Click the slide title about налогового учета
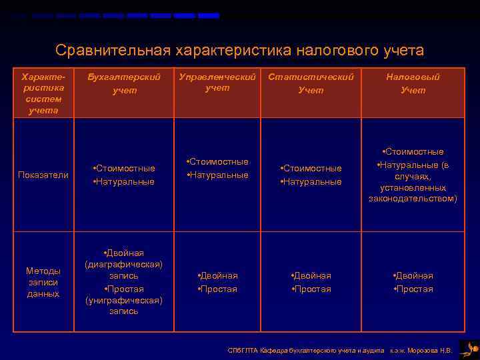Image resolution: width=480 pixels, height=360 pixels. tap(239, 50)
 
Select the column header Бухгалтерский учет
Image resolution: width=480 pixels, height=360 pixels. tap(125, 83)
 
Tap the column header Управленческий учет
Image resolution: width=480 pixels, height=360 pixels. tap(217, 82)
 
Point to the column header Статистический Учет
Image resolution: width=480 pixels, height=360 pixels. tap(311, 83)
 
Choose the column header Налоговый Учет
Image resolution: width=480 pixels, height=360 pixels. tap(413, 83)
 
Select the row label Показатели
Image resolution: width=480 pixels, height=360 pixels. tap(43, 175)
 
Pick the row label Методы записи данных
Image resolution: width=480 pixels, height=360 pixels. tap(43, 282)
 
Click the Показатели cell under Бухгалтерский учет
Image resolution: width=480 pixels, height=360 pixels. tap(124, 175)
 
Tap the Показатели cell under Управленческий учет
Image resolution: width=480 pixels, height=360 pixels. tap(217, 168)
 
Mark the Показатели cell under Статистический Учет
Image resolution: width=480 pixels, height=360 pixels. tap(311, 175)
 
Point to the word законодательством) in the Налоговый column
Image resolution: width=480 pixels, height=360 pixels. tap(413, 199)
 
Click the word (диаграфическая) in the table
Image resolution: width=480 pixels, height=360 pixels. tap(124, 264)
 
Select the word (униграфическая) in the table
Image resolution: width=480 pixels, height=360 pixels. tap(124, 300)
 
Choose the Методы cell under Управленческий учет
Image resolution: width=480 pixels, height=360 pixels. tap(217, 282)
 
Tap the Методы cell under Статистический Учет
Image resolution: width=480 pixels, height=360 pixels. tap(311, 282)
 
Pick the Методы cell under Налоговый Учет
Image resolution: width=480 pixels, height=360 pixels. tap(413, 282)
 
